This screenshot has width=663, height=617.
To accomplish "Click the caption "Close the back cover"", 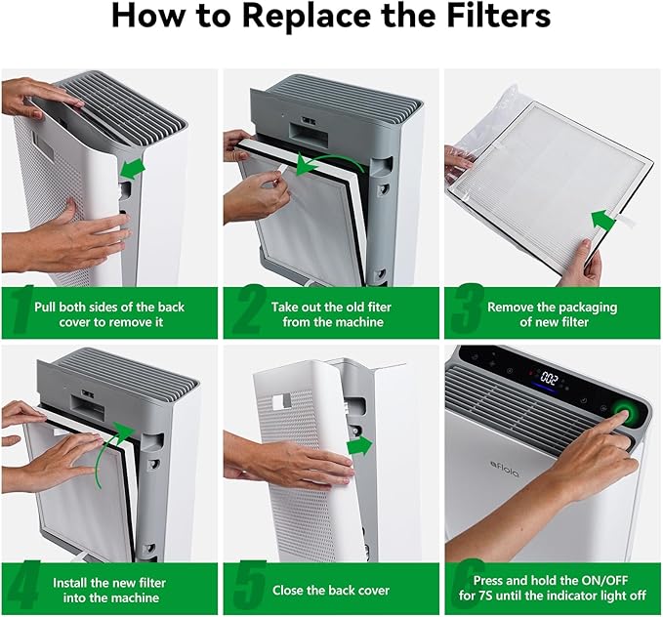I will click(331, 590).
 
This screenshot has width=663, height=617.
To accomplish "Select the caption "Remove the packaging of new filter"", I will click(552, 313).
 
